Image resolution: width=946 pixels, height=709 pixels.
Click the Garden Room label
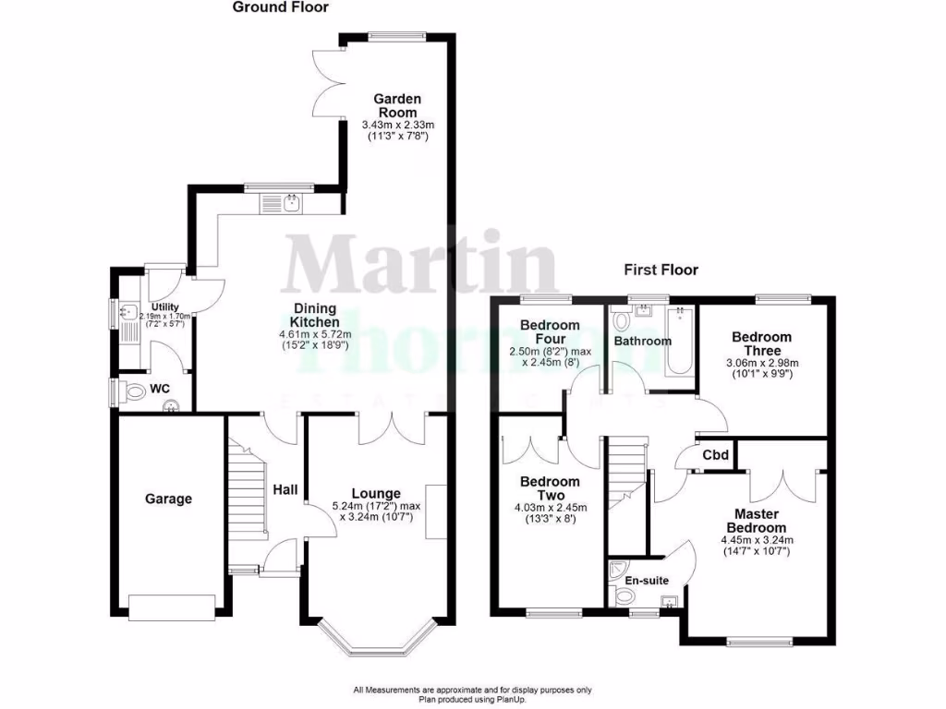[397, 105]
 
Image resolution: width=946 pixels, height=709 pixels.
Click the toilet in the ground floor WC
[134, 392]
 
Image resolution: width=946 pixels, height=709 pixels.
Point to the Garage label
[168, 499]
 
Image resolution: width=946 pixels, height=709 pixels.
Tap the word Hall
[285, 489]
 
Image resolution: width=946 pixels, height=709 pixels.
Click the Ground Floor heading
[280, 7]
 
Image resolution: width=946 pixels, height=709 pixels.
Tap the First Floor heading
[661, 270]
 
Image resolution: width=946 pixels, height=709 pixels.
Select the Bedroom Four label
[550, 331]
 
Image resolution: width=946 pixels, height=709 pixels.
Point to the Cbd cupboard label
[715, 455]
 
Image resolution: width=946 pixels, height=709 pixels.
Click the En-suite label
[646, 581]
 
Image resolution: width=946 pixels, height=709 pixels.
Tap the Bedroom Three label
[761, 343]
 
